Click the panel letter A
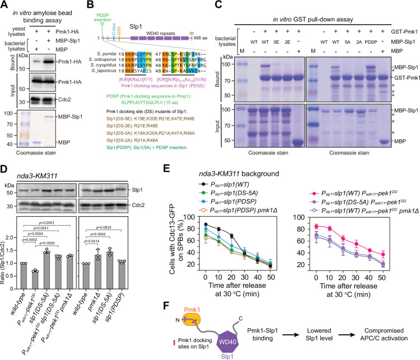(5, 5)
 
